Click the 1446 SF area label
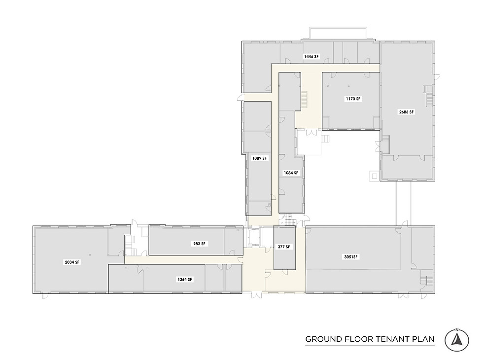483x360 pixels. click(311, 57)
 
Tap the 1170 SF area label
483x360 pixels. click(353, 99)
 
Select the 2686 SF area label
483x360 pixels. click(407, 112)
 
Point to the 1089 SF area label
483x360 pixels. click(259, 158)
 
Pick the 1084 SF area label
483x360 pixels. click(291, 173)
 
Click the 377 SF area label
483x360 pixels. click(284, 247)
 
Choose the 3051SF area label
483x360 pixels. click(351, 257)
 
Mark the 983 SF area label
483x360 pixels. click(199, 244)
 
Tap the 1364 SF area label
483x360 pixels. click(184, 279)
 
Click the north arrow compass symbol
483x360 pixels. click(457, 340)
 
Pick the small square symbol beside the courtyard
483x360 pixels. click(374, 175)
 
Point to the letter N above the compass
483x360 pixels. click(457, 329)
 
